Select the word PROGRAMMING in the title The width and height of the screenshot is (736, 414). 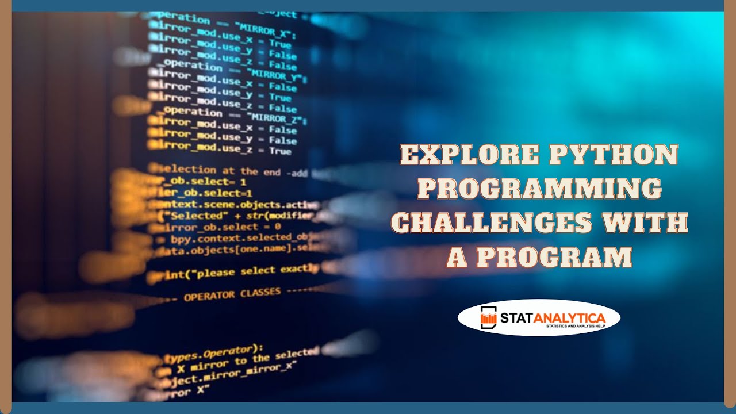click(x=539, y=189)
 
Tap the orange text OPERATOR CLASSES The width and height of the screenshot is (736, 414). click(x=232, y=295)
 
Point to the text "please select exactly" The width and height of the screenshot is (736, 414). click(x=256, y=270)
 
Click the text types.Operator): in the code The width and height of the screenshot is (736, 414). click(x=213, y=354)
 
